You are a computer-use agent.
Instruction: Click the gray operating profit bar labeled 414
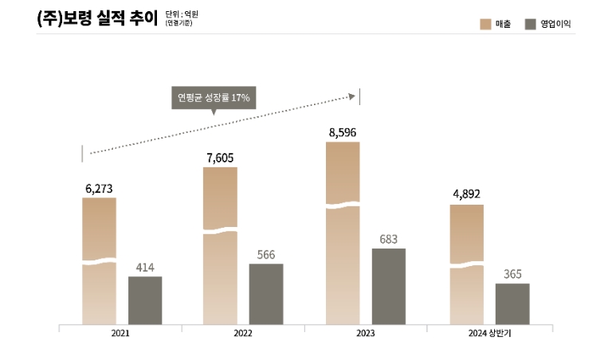(x=145, y=300)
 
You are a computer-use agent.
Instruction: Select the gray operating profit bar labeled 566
(x=266, y=294)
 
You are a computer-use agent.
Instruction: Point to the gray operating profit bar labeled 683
(x=389, y=287)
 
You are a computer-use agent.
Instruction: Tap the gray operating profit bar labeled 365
(x=512, y=303)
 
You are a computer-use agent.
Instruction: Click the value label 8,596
(x=343, y=132)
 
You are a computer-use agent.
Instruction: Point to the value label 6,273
(x=99, y=189)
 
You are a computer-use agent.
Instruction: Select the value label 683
(x=389, y=239)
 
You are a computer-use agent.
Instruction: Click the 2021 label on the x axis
(x=121, y=333)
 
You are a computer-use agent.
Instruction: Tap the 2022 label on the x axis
(x=243, y=333)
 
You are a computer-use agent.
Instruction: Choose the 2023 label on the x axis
(x=366, y=333)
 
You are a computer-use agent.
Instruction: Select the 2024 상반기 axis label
(x=490, y=333)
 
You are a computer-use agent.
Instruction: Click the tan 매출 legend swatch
(x=485, y=24)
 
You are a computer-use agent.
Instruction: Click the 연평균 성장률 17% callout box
(x=214, y=98)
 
